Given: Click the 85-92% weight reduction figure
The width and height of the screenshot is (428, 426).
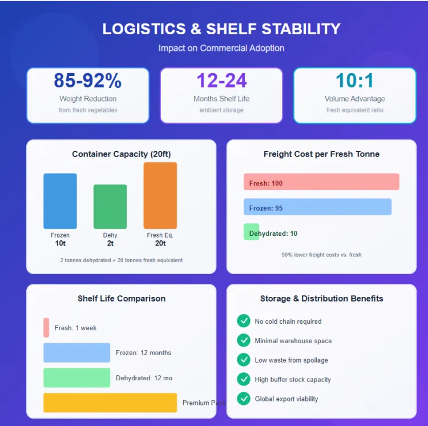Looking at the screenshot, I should click(87, 81).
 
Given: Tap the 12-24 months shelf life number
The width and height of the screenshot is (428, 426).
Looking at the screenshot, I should click(221, 81).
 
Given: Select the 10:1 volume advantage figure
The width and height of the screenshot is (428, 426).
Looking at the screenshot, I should click(354, 81).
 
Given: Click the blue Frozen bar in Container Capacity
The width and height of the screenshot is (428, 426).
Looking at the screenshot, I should click(60, 201).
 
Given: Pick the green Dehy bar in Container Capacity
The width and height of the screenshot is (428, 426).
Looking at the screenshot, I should click(110, 206).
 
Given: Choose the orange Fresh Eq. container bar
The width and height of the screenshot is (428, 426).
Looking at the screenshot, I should click(160, 195).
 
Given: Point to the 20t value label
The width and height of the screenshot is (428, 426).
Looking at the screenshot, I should click(160, 243).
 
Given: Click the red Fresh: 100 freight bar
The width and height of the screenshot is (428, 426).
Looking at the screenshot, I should click(321, 182).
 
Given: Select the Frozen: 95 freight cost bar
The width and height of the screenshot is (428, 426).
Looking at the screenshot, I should click(317, 207).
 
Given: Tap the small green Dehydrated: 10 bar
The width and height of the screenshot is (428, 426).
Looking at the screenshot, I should click(251, 232).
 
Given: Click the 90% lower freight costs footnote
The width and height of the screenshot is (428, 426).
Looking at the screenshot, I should click(321, 255).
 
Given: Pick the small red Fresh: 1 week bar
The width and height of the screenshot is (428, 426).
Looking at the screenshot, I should click(46, 328).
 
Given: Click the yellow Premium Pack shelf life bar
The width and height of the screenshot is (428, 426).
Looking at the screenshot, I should click(110, 403).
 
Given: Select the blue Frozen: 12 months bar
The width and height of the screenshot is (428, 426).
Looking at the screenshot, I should click(76, 353).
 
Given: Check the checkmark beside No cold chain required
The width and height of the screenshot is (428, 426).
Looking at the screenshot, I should click(244, 321).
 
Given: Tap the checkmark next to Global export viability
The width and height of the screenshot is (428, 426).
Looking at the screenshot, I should click(244, 399).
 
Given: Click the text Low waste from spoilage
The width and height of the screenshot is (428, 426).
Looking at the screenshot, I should click(291, 360).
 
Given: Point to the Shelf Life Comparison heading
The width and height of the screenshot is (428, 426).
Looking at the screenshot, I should click(122, 299).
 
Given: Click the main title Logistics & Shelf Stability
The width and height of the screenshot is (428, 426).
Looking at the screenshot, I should click(221, 29).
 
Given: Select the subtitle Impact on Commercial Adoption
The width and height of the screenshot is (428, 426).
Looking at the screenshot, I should click(221, 48).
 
